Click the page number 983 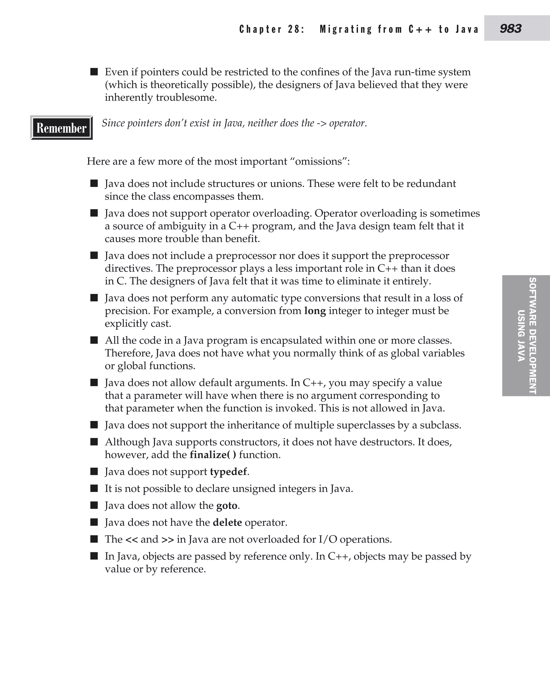511,29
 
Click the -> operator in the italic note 321,123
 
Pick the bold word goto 227,506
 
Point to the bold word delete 227,522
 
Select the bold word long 315,311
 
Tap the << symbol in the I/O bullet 132,539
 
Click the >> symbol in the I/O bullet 168,539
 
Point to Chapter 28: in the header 272,29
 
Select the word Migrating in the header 346,29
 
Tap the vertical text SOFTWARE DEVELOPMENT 533,336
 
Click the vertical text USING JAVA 521,336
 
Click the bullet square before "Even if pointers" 94,72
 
